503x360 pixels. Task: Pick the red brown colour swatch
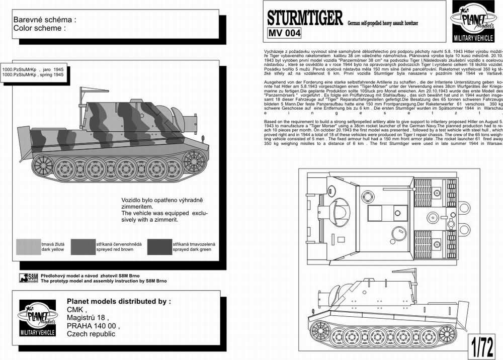[83, 246]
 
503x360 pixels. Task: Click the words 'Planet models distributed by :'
[119, 301]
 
